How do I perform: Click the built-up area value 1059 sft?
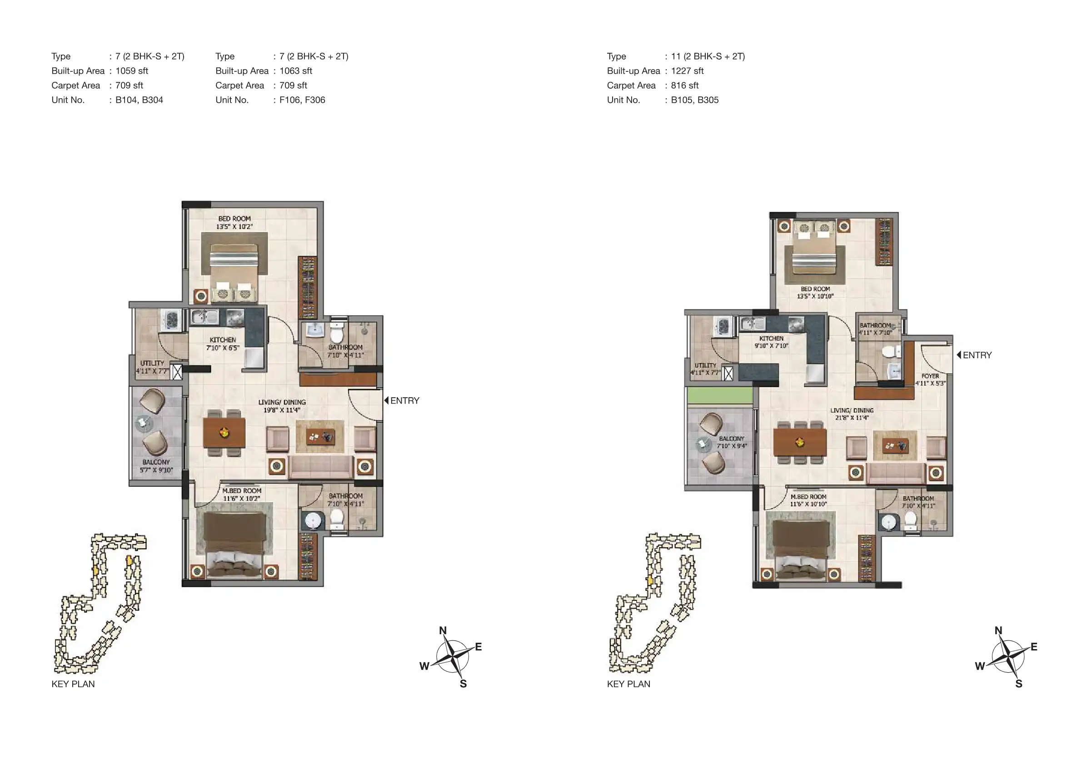[131, 71]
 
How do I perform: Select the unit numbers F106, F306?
[302, 100]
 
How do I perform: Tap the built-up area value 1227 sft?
[687, 71]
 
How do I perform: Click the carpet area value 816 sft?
[685, 85]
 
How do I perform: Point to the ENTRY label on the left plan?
[405, 400]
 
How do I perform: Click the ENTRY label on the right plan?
[977, 355]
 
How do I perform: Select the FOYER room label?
[930, 376]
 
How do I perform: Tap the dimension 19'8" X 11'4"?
[282, 410]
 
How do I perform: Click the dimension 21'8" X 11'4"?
[852, 418]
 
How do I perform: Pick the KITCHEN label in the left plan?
[223, 340]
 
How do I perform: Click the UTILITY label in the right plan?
[705, 365]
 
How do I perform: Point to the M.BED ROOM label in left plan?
[242, 490]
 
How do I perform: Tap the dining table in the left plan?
[224, 433]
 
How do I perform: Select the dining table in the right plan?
[800, 442]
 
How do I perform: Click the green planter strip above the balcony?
[720, 395]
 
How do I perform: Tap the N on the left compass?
[443, 630]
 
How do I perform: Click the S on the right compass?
[1019, 684]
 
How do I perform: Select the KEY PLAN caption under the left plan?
[73, 684]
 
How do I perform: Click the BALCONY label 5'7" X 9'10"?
[156, 466]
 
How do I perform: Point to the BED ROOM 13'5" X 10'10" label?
[815, 293]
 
